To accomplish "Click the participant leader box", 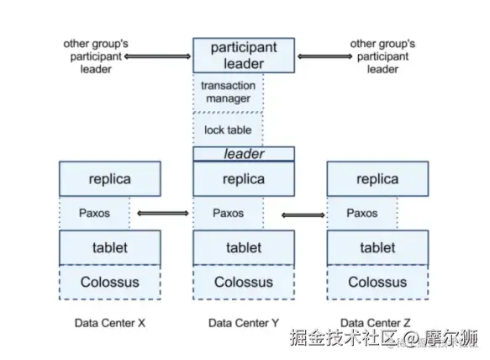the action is click(244, 56).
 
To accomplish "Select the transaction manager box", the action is click(228, 93).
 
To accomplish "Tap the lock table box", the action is click(228, 130).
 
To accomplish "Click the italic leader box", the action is click(244, 154).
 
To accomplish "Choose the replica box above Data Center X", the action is click(110, 179).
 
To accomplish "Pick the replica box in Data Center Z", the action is click(378, 179).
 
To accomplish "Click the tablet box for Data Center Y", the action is click(244, 248).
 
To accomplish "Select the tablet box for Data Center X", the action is click(110, 248).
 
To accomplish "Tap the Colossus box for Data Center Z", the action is click(378, 282).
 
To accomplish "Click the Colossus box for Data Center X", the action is click(110, 282).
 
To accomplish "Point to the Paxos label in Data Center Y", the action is click(228, 213).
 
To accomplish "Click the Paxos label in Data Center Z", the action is click(362, 213).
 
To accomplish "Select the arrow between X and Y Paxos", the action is click(163, 214).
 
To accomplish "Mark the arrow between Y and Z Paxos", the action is click(303, 214).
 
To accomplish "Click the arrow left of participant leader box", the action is click(157, 56).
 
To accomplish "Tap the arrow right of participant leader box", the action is click(325, 56).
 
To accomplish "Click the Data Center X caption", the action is click(110, 323).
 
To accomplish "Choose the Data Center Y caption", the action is click(244, 323).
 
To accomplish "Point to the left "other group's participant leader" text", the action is click(96, 56).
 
